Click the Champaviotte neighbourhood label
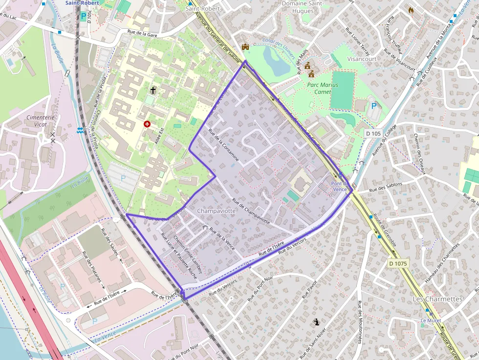point(216,211)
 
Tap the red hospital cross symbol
point(147,124)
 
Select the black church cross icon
point(153,90)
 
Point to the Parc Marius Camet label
point(322,88)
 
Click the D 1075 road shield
point(398,263)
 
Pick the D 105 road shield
point(373,133)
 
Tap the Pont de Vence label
point(340,186)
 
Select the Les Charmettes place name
point(437,299)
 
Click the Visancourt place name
point(362,59)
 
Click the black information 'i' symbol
point(317,322)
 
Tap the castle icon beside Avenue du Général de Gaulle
point(245,47)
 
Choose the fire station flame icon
point(411,10)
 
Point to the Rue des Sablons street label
point(386,187)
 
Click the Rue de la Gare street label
point(142,32)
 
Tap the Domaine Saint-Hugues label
point(303,7)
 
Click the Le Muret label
point(431,320)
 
